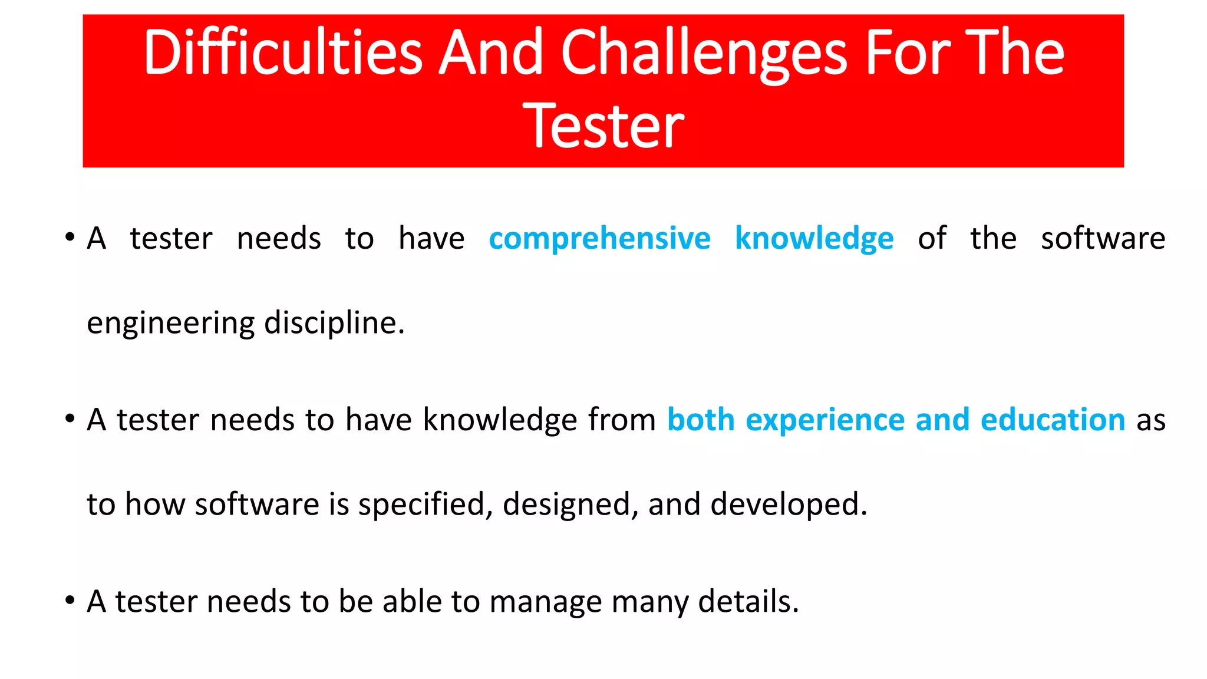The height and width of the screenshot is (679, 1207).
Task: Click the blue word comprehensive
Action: (x=599, y=239)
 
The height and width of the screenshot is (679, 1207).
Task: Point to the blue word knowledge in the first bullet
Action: (x=814, y=239)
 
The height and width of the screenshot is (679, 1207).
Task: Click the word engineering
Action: (x=170, y=324)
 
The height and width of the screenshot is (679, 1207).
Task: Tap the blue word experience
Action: (x=825, y=421)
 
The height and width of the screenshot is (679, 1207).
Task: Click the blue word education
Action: (x=1053, y=420)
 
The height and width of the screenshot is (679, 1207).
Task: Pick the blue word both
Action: (x=701, y=420)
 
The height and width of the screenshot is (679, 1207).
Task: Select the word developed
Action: (x=789, y=505)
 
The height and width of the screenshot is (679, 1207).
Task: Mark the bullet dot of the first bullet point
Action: (x=70, y=238)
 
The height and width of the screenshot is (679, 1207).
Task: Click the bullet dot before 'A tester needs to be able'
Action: (x=70, y=601)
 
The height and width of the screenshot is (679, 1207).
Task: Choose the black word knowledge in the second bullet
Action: (x=500, y=421)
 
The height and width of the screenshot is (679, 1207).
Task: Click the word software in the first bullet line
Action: (x=1103, y=239)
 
